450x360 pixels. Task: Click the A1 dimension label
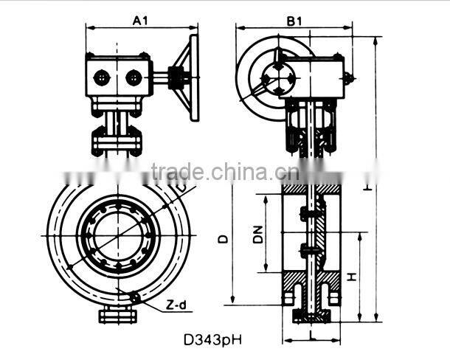click(x=141, y=21)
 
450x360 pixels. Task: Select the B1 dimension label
click(x=294, y=21)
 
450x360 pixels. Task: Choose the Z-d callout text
click(x=174, y=304)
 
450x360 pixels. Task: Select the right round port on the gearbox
click(x=134, y=77)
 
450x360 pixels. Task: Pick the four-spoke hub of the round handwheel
click(x=280, y=77)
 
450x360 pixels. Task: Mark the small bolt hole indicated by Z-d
click(x=134, y=297)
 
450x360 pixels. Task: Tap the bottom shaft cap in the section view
click(x=312, y=317)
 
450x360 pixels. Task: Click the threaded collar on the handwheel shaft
click(x=177, y=77)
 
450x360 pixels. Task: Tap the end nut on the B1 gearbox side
click(x=349, y=77)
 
